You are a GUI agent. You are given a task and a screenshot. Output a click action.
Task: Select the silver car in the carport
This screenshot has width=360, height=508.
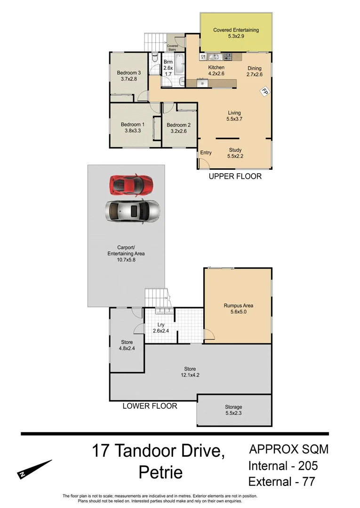(x=132, y=211)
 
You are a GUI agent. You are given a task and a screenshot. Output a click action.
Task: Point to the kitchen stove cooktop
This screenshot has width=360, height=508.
(x=228, y=57)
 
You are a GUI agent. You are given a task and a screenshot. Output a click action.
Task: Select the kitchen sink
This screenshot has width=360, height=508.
(x=214, y=57)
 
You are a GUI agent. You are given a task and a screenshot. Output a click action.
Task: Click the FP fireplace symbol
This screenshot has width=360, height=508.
(x=264, y=91)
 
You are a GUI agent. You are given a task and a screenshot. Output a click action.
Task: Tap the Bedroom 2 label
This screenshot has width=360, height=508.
(x=179, y=125)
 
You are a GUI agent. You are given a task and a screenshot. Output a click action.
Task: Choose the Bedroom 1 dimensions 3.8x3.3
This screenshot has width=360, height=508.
(x=132, y=131)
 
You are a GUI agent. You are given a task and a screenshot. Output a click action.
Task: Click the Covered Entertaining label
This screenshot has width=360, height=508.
(x=236, y=30)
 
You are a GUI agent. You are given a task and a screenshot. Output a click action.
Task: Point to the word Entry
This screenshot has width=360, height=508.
(x=206, y=152)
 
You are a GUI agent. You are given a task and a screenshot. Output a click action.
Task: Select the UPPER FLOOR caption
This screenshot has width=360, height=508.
(x=235, y=176)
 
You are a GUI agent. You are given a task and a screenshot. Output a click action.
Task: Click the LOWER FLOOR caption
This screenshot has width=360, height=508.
(x=150, y=405)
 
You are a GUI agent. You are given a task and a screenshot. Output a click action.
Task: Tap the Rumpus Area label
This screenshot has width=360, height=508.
(x=238, y=305)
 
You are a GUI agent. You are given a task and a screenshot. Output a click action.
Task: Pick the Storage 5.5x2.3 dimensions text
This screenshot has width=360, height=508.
(x=233, y=413)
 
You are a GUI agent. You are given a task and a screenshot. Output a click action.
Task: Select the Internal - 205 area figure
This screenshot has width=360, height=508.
(x=283, y=466)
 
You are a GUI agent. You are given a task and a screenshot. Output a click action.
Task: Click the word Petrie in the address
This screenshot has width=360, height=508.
(x=160, y=472)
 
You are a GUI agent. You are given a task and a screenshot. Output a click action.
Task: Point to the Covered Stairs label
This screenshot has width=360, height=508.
(x=173, y=47)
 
